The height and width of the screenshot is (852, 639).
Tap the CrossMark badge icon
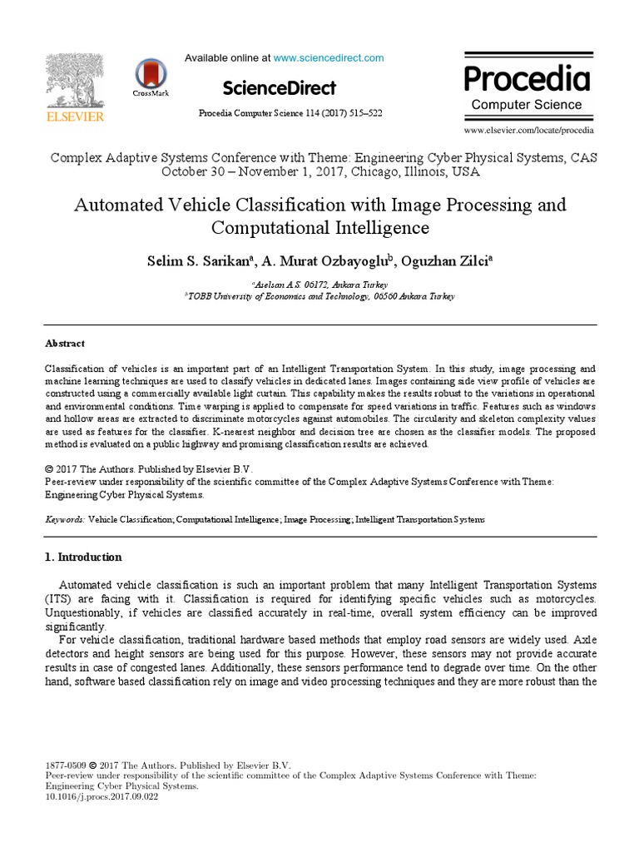pos(150,75)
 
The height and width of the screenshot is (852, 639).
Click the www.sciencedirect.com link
pos(329,57)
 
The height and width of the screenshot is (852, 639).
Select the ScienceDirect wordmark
pos(280,87)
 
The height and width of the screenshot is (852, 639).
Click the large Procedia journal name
pos(527,79)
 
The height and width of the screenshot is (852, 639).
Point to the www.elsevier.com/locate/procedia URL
pos(528,130)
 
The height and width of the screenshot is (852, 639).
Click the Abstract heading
pos(64,343)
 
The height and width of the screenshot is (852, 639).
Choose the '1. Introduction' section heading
pos(83,557)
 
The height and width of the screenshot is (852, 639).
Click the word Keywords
pos(64,518)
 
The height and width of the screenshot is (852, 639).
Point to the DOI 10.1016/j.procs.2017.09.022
pos(102,796)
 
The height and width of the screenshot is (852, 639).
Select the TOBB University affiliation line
pos(319,295)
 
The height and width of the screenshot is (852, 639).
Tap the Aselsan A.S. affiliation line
pos(319,285)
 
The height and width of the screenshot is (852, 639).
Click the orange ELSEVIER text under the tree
pos(75,117)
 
